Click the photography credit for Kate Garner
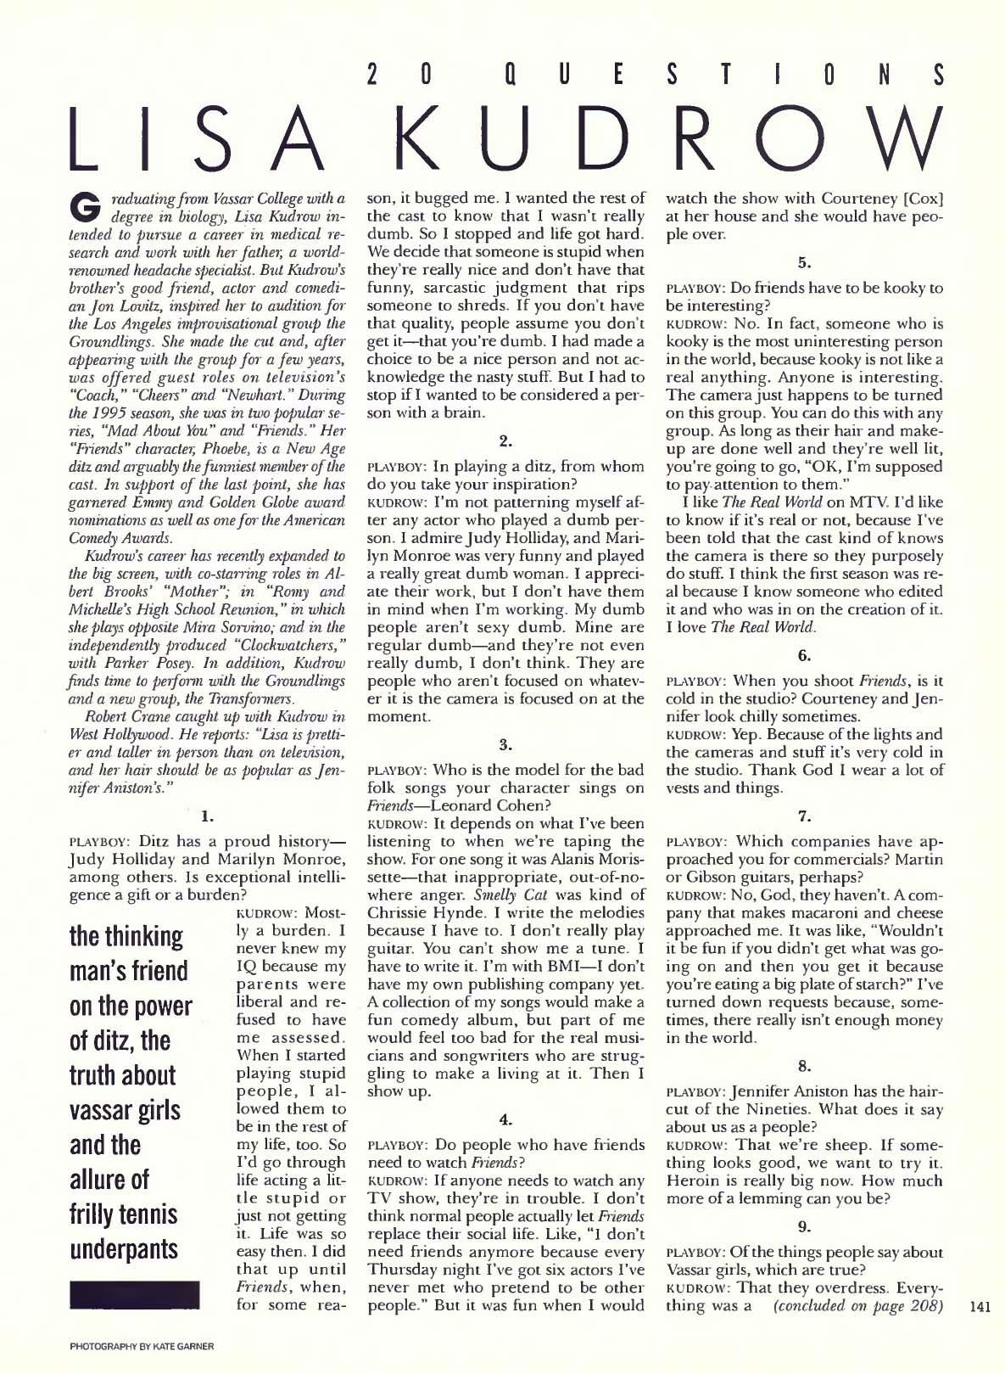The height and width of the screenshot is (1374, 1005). [137, 1346]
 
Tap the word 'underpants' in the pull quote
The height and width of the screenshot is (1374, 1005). [124, 1250]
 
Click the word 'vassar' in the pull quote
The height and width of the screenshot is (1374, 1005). [107, 1112]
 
